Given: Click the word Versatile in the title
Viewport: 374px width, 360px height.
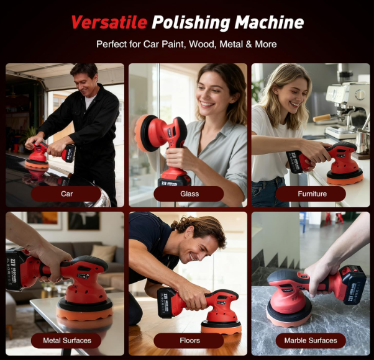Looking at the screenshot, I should tap(109, 23).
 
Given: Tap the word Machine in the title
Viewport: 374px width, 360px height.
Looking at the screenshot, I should tap(270, 23).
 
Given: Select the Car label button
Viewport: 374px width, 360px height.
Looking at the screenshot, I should tap(66, 194).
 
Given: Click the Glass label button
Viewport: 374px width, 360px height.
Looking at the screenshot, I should tap(189, 194).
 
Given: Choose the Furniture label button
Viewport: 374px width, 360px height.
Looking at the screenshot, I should tap(312, 194).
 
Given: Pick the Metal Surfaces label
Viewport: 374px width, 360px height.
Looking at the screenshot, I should tap(66, 340).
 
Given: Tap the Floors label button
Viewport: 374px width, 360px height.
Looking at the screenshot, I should tap(189, 340).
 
